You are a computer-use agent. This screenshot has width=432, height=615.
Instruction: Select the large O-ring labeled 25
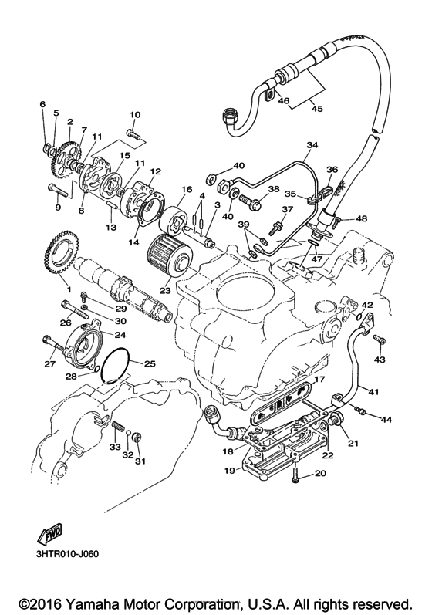(x=116, y=365)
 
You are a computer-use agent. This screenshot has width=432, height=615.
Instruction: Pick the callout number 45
(x=316, y=108)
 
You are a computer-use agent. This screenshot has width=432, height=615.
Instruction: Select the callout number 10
(x=133, y=115)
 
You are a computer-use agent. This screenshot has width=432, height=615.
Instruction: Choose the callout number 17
(x=319, y=379)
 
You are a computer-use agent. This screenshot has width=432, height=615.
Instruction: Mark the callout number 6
(x=43, y=104)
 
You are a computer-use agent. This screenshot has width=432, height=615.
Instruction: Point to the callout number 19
(x=228, y=469)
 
